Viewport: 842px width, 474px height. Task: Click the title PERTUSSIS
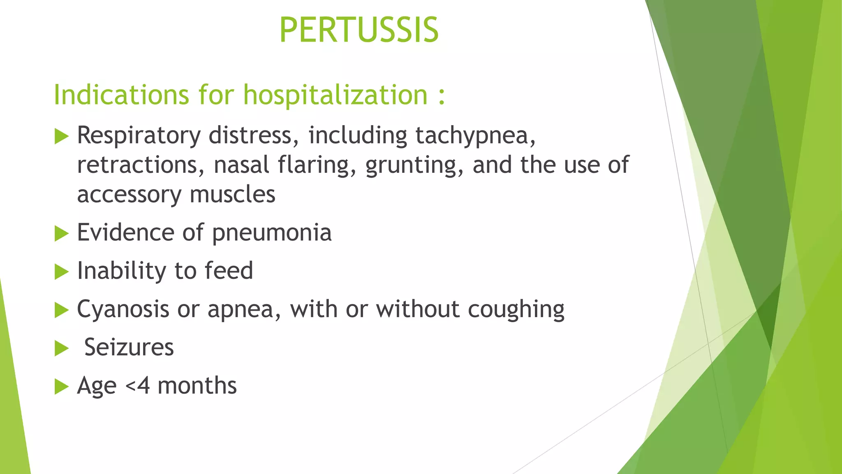(359, 30)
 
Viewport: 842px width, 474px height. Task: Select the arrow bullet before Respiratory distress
(61, 136)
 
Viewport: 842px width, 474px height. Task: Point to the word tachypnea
(475, 136)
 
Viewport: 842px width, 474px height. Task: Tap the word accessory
(129, 195)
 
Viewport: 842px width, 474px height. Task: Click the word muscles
(232, 194)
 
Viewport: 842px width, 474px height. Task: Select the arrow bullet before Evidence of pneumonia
(61, 234)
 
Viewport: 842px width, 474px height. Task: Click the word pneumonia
(271, 233)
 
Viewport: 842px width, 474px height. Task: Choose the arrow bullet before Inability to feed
(61, 272)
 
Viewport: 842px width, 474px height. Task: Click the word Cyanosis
(123, 309)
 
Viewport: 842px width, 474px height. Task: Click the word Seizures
(129, 347)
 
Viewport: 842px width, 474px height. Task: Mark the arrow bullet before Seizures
(61, 349)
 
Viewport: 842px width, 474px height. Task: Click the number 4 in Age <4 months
(143, 386)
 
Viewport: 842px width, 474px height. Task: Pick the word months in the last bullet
(197, 386)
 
